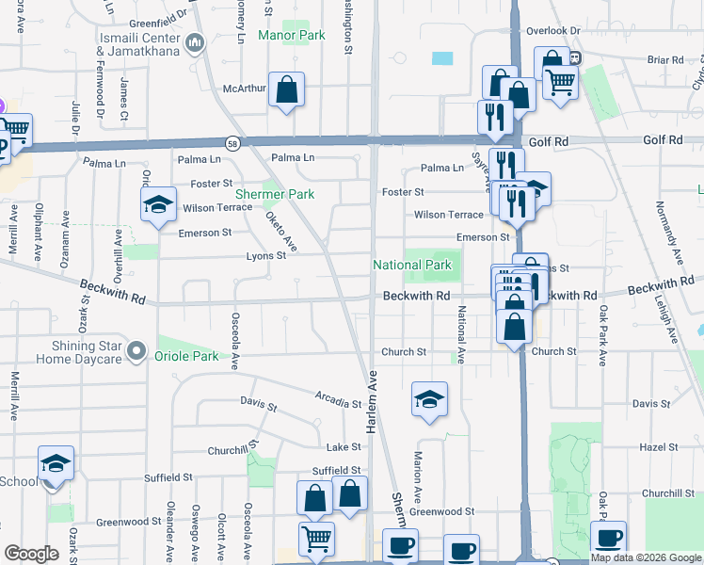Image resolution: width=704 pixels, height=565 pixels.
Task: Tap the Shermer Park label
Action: [x=273, y=194]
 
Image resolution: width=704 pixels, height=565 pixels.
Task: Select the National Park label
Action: [x=412, y=266]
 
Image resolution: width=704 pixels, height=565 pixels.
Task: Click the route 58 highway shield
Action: [x=232, y=143]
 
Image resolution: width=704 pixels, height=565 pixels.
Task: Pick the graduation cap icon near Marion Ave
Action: [x=428, y=399]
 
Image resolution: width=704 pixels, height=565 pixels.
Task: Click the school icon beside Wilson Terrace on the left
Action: [x=159, y=204]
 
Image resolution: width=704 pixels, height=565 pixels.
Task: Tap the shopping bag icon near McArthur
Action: [x=287, y=89]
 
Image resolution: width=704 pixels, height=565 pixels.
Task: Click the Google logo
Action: [x=32, y=554]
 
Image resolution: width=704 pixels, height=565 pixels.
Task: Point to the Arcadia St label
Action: [x=339, y=404]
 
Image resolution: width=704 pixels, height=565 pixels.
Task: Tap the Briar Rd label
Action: [x=664, y=60]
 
